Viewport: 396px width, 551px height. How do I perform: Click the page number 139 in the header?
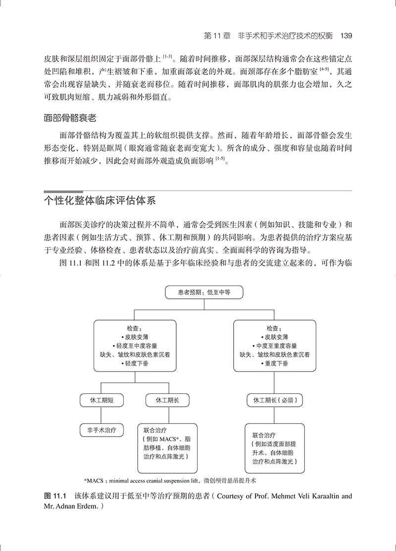point(343,36)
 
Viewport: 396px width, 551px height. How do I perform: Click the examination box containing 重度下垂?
point(275,345)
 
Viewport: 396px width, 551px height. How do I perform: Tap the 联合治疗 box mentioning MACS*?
point(167,447)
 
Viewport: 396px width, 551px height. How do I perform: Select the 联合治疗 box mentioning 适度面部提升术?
point(274,447)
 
